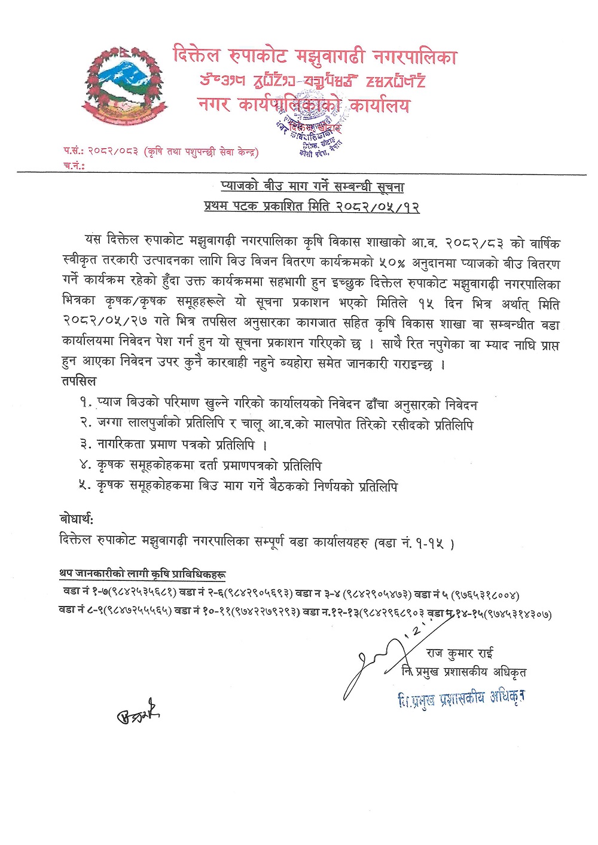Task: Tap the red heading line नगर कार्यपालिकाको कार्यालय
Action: click(x=304, y=106)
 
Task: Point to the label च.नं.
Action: click(x=73, y=166)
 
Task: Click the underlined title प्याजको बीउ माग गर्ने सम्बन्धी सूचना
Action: click(x=312, y=187)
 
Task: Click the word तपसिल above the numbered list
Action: click(x=78, y=381)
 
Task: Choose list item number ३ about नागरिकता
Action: click(x=174, y=445)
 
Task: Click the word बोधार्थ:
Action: click(x=77, y=518)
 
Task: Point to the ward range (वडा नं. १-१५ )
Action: click(x=414, y=543)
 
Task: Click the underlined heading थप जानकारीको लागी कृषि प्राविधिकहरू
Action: click(x=142, y=574)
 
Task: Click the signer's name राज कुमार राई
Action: click(x=459, y=653)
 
